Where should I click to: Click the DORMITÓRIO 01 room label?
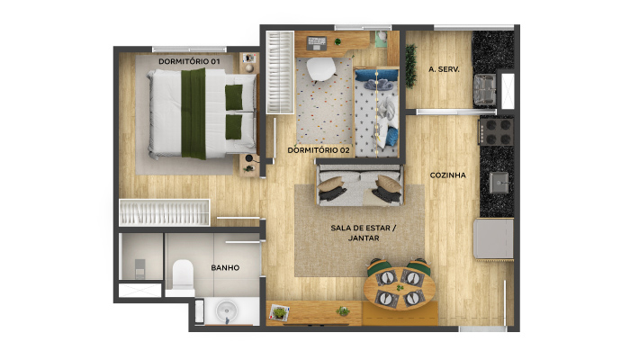point(189,60)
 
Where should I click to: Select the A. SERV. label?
point(445,69)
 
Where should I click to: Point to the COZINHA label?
point(448,175)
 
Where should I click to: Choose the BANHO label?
point(224,267)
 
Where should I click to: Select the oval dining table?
point(399,286)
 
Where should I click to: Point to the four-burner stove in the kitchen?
point(497,132)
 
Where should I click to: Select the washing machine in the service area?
point(484,88)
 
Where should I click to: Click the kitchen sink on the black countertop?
point(498,183)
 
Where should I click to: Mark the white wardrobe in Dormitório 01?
point(165,212)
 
